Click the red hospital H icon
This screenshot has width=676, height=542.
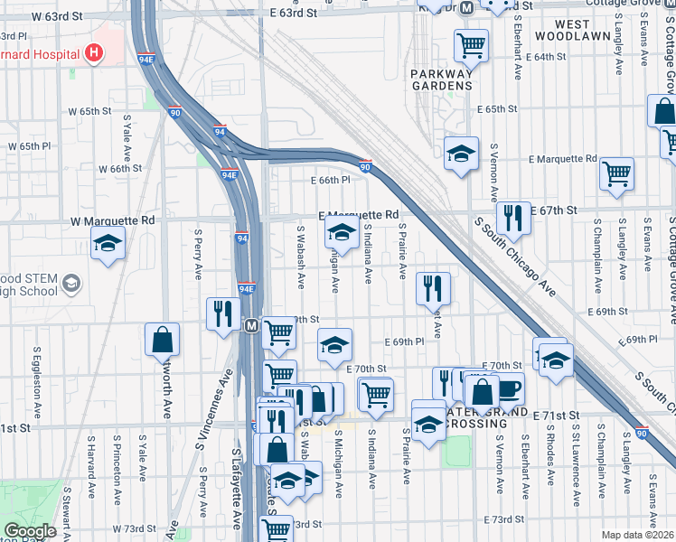tap(92, 53)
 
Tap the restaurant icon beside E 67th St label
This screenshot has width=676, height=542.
tap(512, 217)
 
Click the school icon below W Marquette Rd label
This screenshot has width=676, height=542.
tap(108, 243)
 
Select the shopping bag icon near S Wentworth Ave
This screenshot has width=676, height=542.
tap(162, 340)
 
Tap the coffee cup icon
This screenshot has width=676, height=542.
tap(508, 388)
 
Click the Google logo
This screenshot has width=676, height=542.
tap(30, 531)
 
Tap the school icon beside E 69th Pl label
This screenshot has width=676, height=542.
tap(334, 343)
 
